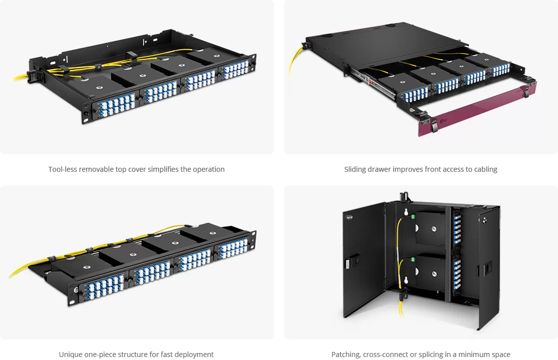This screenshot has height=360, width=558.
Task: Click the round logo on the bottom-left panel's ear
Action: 75,289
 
